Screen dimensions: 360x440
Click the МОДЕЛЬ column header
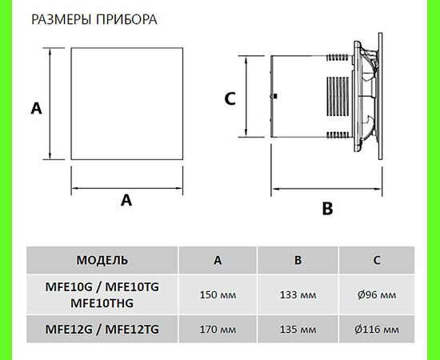click(102, 260)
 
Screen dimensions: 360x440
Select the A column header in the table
click(218, 260)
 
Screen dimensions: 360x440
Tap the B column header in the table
click(298, 260)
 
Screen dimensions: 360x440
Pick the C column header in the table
click(378, 260)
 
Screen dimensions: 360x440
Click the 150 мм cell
click(218, 294)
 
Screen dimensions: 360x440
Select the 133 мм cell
click(298, 294)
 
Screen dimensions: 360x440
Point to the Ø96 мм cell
click(378, 294)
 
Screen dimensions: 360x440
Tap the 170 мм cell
click(218, 329)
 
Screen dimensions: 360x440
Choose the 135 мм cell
click(298, 329)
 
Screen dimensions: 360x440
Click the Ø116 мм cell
click(378, 329)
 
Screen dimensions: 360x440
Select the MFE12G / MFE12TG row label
click(102, 329)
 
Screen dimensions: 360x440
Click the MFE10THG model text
click(102, 302)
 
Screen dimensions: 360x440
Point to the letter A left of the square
click(35, 107)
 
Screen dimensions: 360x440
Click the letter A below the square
click(126, 202)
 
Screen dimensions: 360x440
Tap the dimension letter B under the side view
click(326, 209)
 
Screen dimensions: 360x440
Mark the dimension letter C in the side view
click(230, 98)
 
